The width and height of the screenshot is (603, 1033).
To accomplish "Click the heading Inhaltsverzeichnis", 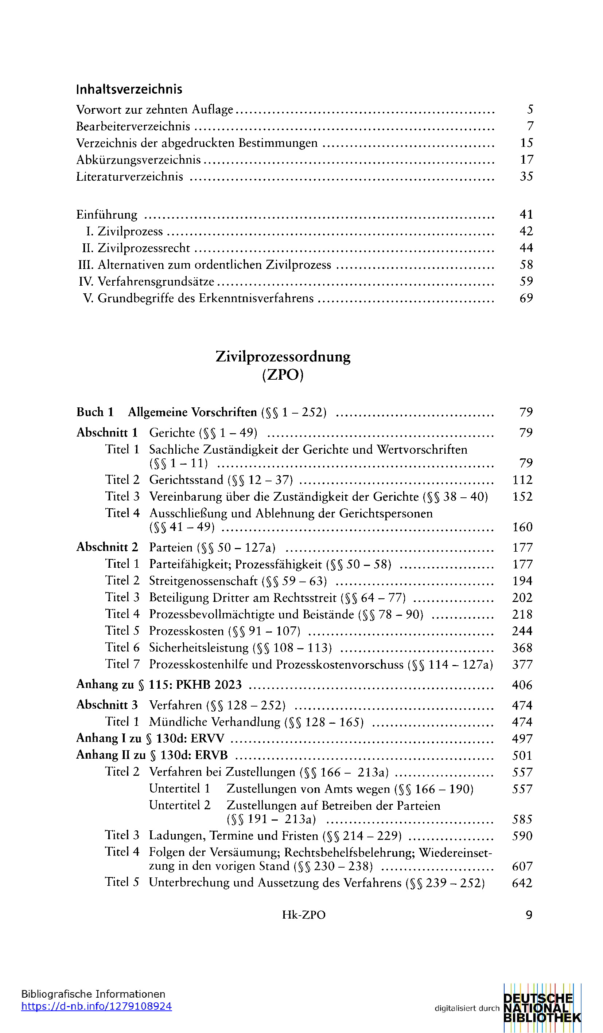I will [129, 89].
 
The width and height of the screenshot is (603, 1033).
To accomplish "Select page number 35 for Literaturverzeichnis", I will [526, 176].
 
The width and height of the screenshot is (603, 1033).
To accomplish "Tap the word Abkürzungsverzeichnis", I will [138, 160].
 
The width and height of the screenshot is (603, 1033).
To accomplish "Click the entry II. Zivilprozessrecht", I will [136, 248].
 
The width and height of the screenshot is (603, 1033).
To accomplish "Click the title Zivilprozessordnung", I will [283, 357].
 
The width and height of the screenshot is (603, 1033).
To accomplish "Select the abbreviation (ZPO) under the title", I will [283, 375].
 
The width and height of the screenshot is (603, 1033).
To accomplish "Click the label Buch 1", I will [95, 412].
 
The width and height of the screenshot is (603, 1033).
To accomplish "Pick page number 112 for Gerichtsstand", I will [522, 480].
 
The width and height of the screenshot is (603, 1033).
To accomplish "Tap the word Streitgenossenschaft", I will [203, 581].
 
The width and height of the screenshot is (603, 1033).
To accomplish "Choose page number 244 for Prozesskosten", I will [522, 631].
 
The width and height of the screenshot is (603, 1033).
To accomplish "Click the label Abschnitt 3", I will [107, 705].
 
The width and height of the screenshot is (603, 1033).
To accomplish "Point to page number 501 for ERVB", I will [522, 755].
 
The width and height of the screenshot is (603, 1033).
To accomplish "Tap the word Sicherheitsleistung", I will [199, 648].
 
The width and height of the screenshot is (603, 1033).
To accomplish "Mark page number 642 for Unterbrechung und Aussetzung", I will [522, 883].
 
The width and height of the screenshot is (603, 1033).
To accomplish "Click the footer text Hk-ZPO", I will [304, 915].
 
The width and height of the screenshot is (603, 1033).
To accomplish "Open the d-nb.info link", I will [96, 1006].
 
